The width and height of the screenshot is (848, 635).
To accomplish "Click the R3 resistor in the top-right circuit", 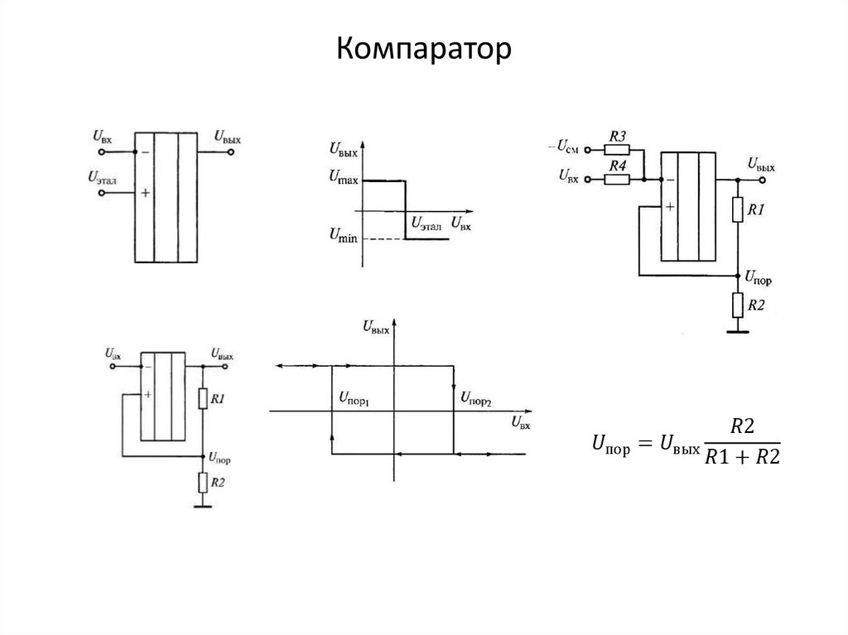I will [x=617, y=149].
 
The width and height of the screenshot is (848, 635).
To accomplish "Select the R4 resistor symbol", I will [x=617, y=179].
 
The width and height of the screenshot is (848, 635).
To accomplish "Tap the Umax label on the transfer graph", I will [x=343, y=176].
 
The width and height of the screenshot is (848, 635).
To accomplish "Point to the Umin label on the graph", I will [x=343, y=238].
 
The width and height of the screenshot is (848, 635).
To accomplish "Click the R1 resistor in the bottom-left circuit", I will [x=202, y=400].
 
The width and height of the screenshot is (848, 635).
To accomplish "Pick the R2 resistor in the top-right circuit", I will [x=737, y=305].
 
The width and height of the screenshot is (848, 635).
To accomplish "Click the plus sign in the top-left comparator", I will [x=146, y=192].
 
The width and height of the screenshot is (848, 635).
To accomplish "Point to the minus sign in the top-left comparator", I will [x=146, y=152].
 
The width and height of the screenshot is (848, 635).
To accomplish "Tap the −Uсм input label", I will [x=562, y=147].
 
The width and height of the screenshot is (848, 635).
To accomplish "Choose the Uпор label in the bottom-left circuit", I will [x=220, y=457].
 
